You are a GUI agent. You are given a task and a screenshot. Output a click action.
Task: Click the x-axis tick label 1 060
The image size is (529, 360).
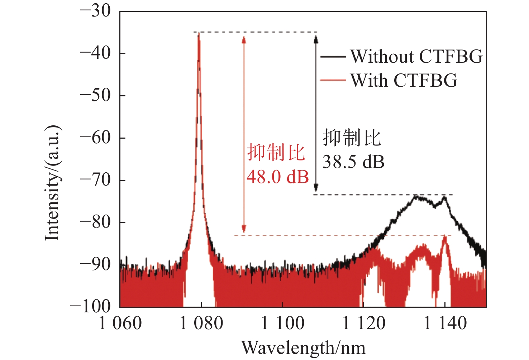[120, 323]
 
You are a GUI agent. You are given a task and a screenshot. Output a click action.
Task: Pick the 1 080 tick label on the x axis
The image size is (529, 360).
[201, 323]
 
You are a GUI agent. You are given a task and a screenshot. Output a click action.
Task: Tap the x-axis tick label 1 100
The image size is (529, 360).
[283, 323]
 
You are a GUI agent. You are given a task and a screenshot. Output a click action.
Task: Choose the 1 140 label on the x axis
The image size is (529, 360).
[445, 323]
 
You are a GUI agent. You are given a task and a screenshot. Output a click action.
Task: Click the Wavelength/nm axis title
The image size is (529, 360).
[304, 348]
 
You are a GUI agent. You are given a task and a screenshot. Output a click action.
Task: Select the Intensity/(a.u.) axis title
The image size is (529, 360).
[52, 183]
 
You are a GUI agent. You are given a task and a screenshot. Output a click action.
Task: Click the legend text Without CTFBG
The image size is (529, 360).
[416, 57]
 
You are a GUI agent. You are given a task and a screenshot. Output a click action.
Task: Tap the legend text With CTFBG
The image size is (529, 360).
[404, 80]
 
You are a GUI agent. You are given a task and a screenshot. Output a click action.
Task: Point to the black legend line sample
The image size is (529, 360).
[333, 57]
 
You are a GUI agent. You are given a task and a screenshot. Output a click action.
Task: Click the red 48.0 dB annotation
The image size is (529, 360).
[278, 177]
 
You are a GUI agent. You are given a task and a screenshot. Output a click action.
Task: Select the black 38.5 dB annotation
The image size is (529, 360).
[353, 162]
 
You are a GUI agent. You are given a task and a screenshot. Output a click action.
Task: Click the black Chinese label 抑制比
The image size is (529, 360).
[352, 138]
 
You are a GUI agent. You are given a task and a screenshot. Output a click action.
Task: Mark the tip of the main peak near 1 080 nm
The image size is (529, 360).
[199, 33]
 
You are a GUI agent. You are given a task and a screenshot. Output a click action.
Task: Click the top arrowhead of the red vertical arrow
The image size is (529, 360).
[244, 38]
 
